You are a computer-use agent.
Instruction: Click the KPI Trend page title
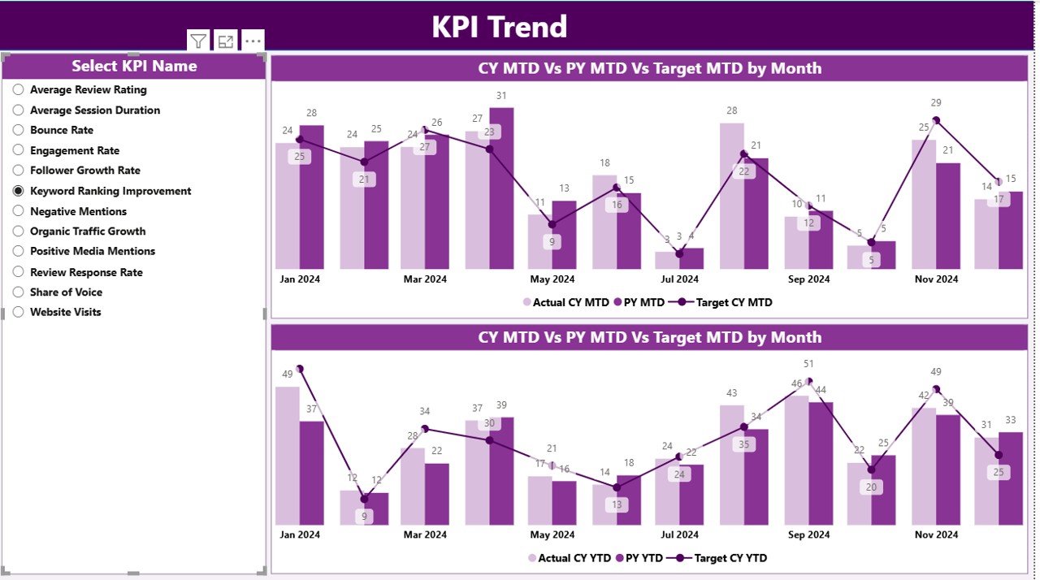coord(499,27)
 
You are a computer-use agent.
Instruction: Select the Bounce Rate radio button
coord(19,130)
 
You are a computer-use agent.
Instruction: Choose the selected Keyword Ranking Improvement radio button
coord(19,191)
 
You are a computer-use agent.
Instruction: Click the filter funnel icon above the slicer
coord(198,41)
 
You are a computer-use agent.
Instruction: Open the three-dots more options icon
coord(253,41)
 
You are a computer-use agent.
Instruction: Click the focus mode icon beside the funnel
coord(226,41)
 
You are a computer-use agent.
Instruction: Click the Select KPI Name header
coord(134,67)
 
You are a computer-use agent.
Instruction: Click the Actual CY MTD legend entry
coord(565,302)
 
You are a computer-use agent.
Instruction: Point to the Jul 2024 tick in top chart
coord(679,279)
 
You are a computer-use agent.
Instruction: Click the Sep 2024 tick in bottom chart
coord(808,535)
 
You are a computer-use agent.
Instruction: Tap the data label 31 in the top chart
coord(501,96)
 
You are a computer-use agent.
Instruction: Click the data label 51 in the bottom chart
coord(808,364)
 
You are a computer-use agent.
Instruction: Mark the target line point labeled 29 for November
coord(936,120)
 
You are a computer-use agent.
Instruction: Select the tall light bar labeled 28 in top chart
coord(731,195)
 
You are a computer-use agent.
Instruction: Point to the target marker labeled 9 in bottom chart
coord(364,500)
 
